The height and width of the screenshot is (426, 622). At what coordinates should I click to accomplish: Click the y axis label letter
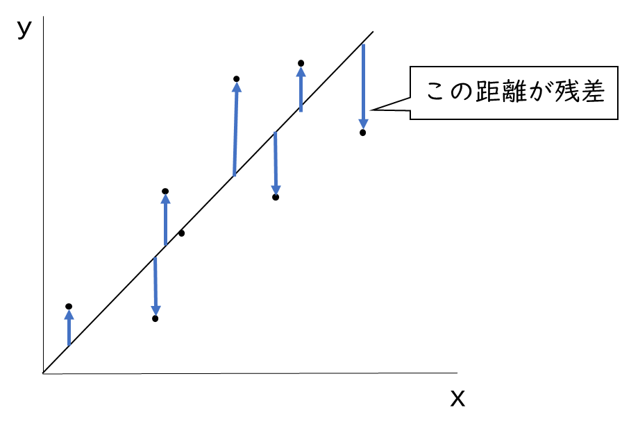(24, 28)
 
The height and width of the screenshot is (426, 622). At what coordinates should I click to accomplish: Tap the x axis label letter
(457, 398)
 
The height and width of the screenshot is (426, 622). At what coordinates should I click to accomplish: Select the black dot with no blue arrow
(181, 233)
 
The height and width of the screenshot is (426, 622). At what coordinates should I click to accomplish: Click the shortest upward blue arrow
(69, 327)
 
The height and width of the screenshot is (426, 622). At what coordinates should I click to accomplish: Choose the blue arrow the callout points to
(363, 87)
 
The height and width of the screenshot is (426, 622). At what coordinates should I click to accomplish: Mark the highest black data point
(301, 63)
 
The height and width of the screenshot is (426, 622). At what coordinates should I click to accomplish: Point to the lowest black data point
(155, 318)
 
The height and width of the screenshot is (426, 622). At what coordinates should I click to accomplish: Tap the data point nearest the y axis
(69, 306)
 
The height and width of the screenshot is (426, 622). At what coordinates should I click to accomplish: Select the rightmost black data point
(362, 133)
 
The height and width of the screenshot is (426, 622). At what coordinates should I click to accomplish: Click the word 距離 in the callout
(504, 92)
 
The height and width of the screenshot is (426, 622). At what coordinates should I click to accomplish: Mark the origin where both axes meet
(43, 373)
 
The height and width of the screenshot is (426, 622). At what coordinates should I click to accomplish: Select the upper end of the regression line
(373, 32)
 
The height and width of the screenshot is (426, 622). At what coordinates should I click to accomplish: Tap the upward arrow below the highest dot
(301, 90)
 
